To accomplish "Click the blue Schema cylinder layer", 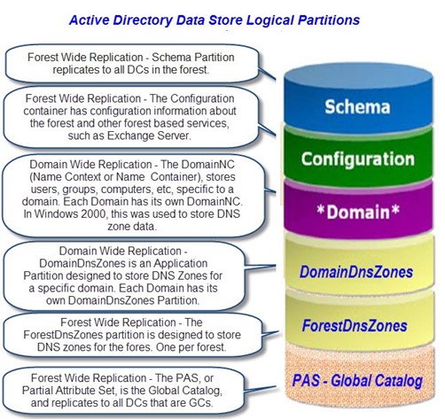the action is click(358, 99).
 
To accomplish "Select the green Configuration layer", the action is click(358, 157).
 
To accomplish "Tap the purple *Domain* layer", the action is click(358, 210).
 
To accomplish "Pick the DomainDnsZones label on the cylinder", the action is click(356, 272).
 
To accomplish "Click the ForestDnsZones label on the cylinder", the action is click(355, 326).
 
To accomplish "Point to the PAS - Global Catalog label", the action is click(357, 381).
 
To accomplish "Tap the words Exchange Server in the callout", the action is click(148, 136).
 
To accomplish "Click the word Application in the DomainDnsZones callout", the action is click(181, 263).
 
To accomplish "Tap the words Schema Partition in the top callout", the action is click(193, 58).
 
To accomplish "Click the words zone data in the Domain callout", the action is click(131, 227).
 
